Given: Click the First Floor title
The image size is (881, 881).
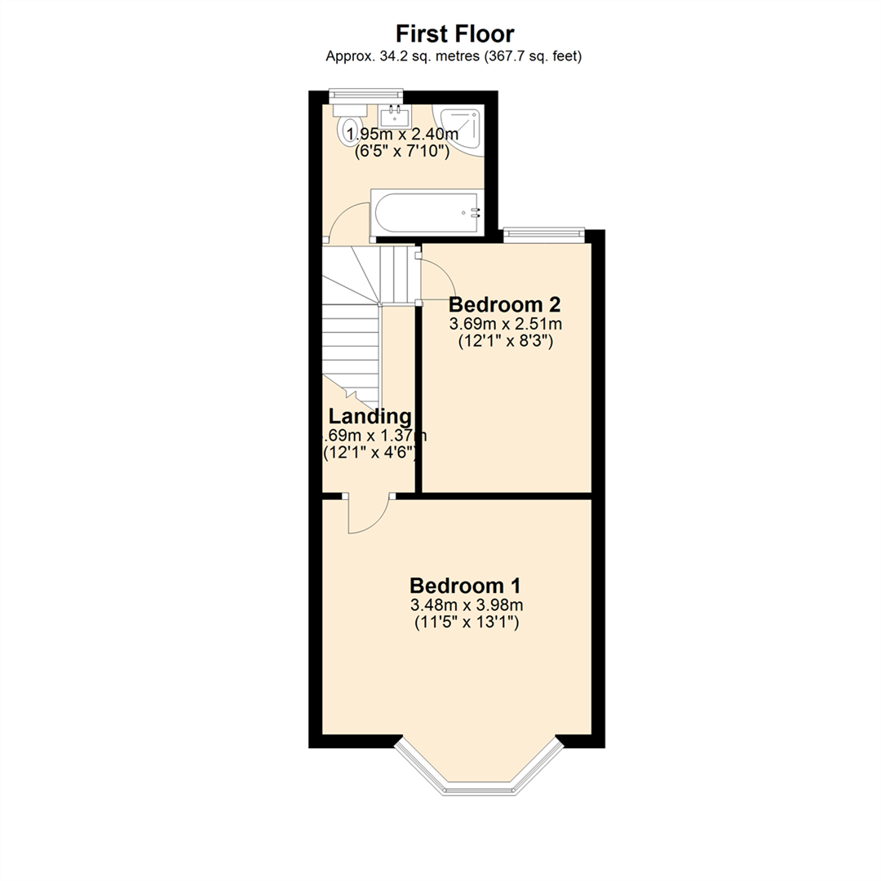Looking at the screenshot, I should click(x=454, y=33).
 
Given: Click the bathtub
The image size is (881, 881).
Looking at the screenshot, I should click(x=427, y=212).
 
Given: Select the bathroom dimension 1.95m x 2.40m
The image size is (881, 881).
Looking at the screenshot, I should click(x=403, y=134).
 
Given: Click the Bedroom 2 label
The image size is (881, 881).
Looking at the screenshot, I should click(x=505, y=305).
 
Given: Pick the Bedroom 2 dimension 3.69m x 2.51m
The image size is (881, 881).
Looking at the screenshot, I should click(x=505, y=325).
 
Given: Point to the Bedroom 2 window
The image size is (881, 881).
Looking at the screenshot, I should click(x=544, y=235).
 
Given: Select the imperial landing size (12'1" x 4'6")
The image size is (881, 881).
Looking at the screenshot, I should click(x=371, y=453).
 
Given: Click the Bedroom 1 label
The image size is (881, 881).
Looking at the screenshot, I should click(x=465, y=586).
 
